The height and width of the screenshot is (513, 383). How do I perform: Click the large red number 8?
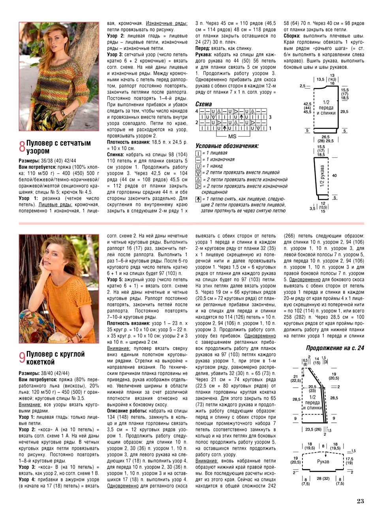tap(22, 147)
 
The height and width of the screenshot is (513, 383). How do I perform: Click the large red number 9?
tap(22, 358)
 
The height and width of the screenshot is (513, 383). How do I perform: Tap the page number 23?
tap(360, 501)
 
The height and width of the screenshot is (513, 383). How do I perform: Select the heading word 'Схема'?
tap(204, 104)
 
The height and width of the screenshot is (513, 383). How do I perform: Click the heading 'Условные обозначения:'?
tap(227, 146)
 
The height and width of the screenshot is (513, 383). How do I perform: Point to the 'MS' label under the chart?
tap(232, 136)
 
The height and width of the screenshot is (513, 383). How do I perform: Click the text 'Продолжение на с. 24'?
tap(335, 348)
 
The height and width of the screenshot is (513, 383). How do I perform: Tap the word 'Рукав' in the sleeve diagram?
tap(323, 461)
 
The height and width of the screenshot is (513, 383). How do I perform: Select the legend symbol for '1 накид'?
tap(198, 166)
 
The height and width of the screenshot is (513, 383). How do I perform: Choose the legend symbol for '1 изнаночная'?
tap(198, 160)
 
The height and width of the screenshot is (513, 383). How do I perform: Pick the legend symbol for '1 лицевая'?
tap(198, 153)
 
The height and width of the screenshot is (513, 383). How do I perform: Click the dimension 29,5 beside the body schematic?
tap(344, 112)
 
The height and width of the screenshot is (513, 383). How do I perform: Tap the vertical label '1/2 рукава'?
tap(322, 176)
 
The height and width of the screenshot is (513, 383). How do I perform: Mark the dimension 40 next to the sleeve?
tap(334, 175)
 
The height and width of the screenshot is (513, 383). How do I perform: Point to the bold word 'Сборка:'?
tap(292, 36)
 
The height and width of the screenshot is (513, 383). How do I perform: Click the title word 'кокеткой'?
tap(40, 362)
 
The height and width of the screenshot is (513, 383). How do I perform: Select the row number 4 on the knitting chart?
tap(197, 112)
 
